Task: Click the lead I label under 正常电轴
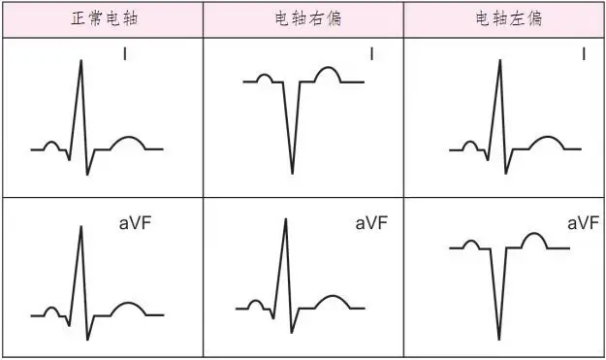(124, 54)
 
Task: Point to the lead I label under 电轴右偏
(372, 54)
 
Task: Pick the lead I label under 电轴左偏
(583, 54)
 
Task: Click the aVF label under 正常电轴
(133, 224)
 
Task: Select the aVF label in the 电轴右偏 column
(371, 224)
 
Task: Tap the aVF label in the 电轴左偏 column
(582, 224)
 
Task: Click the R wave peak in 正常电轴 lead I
(80, 60)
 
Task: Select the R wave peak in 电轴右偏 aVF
(285, 219)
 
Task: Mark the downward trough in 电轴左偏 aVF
(499, 339)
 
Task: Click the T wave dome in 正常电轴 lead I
(128, 141)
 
